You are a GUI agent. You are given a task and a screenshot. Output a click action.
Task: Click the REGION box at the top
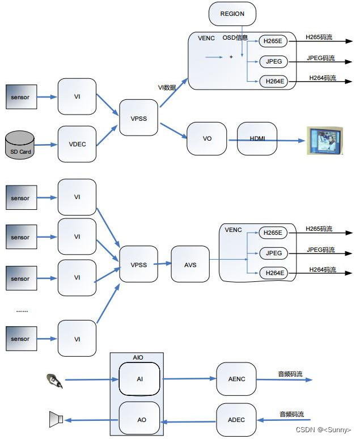point(232,14)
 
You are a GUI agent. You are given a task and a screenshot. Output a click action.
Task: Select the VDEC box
point(77,144)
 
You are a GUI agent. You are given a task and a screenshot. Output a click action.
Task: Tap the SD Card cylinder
point(19,146)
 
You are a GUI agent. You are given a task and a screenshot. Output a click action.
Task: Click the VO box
point(207,138)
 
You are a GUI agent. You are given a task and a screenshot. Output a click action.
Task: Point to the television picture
point(325,140)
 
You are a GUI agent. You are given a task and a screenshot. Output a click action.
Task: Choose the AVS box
point(190,264)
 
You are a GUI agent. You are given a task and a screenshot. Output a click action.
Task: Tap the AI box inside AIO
point(139,378)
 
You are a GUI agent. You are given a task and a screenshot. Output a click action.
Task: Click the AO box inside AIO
point(139,420)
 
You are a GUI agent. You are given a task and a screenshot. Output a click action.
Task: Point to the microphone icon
point(55,380)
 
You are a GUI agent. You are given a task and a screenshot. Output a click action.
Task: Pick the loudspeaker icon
point(56,420)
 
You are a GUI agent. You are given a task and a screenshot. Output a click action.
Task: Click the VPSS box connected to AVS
point(139,264)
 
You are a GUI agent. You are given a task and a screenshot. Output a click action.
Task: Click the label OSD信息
point(235,37)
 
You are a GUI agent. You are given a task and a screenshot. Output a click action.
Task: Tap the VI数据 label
point(167,87)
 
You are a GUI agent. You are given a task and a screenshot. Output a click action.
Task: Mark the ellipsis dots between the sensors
point(22,310)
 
